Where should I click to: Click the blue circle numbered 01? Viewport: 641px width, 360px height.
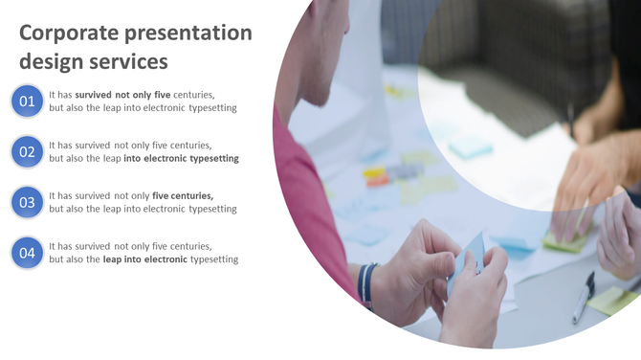(x=27, y=101)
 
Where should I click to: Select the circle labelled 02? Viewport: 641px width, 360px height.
(x=27, y=151)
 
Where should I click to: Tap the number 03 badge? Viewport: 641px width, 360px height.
(x=27, y=202)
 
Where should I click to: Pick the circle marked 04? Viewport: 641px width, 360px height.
(x=27, y=253)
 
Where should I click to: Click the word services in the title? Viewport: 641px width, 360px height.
(x=129, y=62)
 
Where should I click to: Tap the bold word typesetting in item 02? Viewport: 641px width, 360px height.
(x=212, y=158)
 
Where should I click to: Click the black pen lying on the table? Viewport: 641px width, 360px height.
(x=584, y=297)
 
